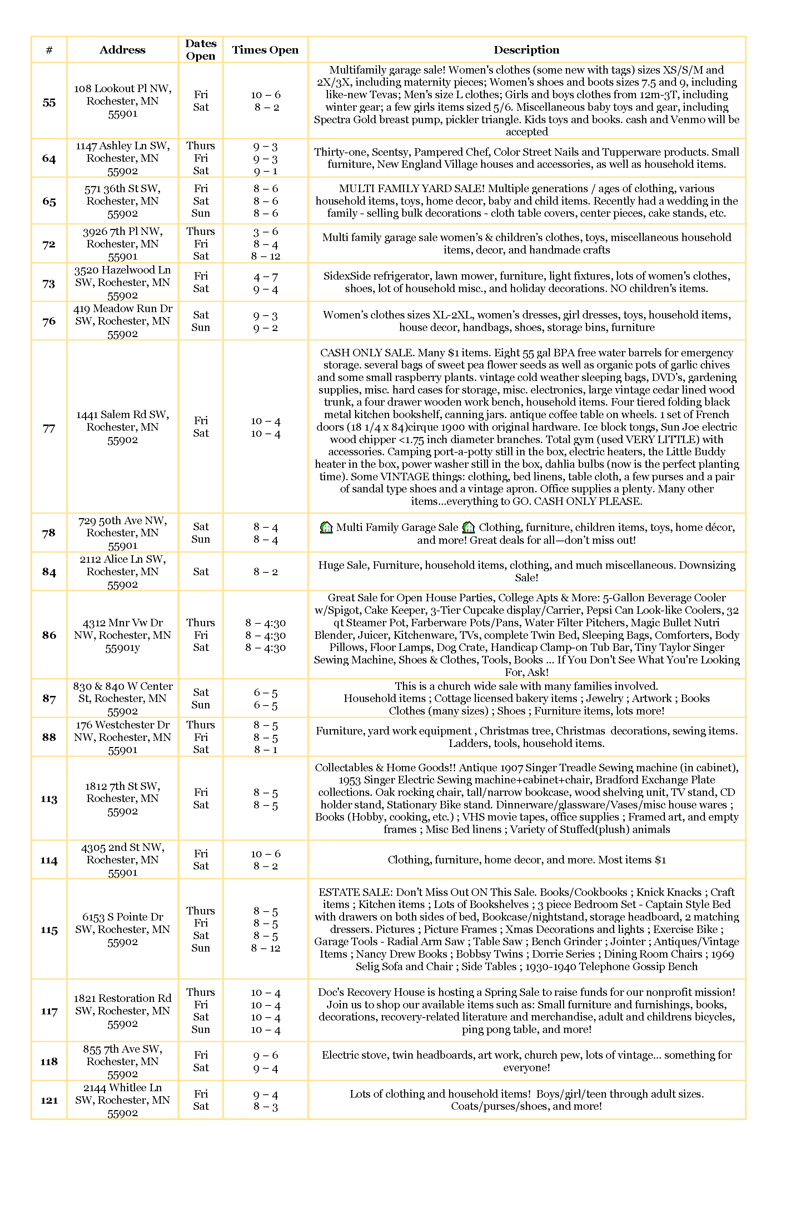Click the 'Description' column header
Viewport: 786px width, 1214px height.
click(526, 50)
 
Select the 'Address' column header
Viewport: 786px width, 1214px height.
click(123, 50)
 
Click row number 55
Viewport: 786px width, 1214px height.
click(49, 102)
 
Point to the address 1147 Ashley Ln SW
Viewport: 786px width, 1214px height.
click(123, 146)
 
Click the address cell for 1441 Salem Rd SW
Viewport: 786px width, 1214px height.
click(123, 427)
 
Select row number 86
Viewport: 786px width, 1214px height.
click(49, 635)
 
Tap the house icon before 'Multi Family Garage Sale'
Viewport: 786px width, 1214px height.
click(326, 527)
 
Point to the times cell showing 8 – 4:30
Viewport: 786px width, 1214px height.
click(265, 635)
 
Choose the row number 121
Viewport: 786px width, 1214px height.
click(49, 1100)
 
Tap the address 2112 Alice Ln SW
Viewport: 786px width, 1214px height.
click(123, 565)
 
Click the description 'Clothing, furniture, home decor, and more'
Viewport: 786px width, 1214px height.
click(526, 860)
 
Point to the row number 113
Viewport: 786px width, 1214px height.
click(49, 799)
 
